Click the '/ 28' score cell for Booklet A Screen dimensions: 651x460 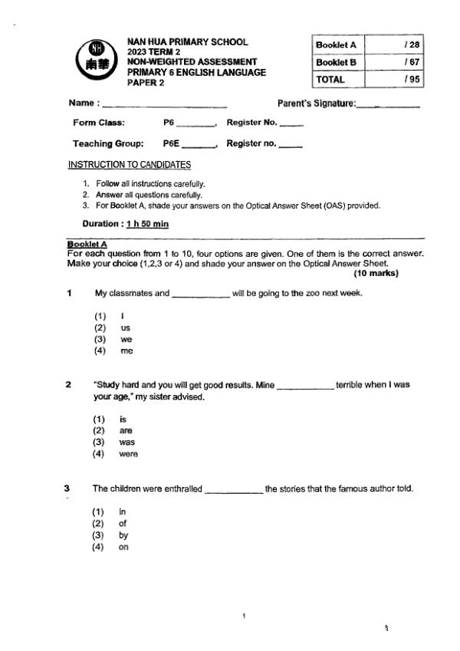(x=394, y=46)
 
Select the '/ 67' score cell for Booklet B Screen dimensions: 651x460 (x=394, y=62)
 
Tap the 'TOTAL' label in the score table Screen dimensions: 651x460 (x=330, y=79)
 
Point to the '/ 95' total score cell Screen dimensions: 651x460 (x=394, y=79)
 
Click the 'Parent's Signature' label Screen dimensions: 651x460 (x=316, y=104)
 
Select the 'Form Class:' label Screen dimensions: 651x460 (x=99, y=123)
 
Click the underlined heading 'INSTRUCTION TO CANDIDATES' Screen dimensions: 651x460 (x=130, y=164)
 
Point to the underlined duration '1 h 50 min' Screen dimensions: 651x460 (x=147, y=224)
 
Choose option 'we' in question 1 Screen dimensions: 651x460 (x=126, y=339)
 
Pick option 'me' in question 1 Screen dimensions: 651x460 (x=127, y=351)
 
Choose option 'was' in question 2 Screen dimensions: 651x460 (x=127, y=442)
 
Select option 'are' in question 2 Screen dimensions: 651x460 (x=126, y=431)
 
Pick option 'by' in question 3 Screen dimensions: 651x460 (x=123, y=536)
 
